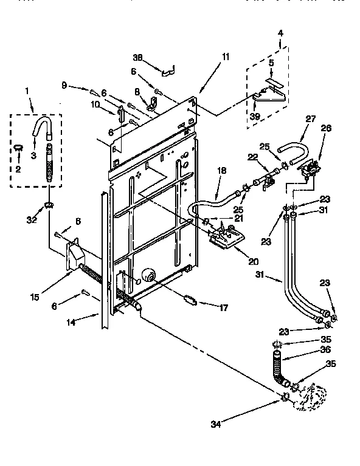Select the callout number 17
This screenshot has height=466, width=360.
pyautogui.click(x=223, y=308)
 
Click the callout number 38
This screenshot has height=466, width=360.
pyautogui.click(x=139, y=57)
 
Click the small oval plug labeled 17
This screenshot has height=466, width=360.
pyautogui.click(x=190, y=298)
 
